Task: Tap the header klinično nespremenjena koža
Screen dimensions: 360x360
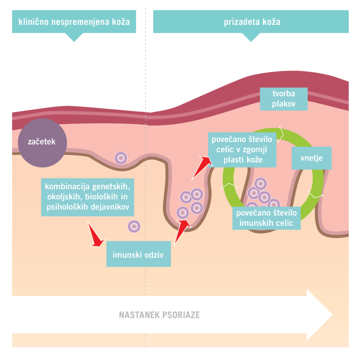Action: point(74,22)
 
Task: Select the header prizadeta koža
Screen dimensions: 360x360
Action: point(251,22)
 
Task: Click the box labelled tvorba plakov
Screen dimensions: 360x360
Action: point(283,99)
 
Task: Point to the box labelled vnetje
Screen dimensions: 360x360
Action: point(312,158)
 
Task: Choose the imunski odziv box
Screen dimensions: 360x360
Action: point(139,254)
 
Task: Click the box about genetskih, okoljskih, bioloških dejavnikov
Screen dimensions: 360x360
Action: point(87,197)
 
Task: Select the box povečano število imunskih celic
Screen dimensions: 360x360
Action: point(265,217)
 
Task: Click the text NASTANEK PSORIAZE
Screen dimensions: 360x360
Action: point(159,315)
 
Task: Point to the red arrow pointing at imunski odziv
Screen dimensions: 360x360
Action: point(95,235)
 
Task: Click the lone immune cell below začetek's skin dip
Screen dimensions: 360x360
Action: point(121,158)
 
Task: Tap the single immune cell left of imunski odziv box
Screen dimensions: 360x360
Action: point(134,226)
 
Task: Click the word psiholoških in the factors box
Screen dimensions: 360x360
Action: point(70,207)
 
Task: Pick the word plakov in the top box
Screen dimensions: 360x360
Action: point(283,104)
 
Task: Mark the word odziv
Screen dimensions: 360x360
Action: point(152,254)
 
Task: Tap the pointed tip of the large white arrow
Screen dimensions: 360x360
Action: point(332,315)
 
